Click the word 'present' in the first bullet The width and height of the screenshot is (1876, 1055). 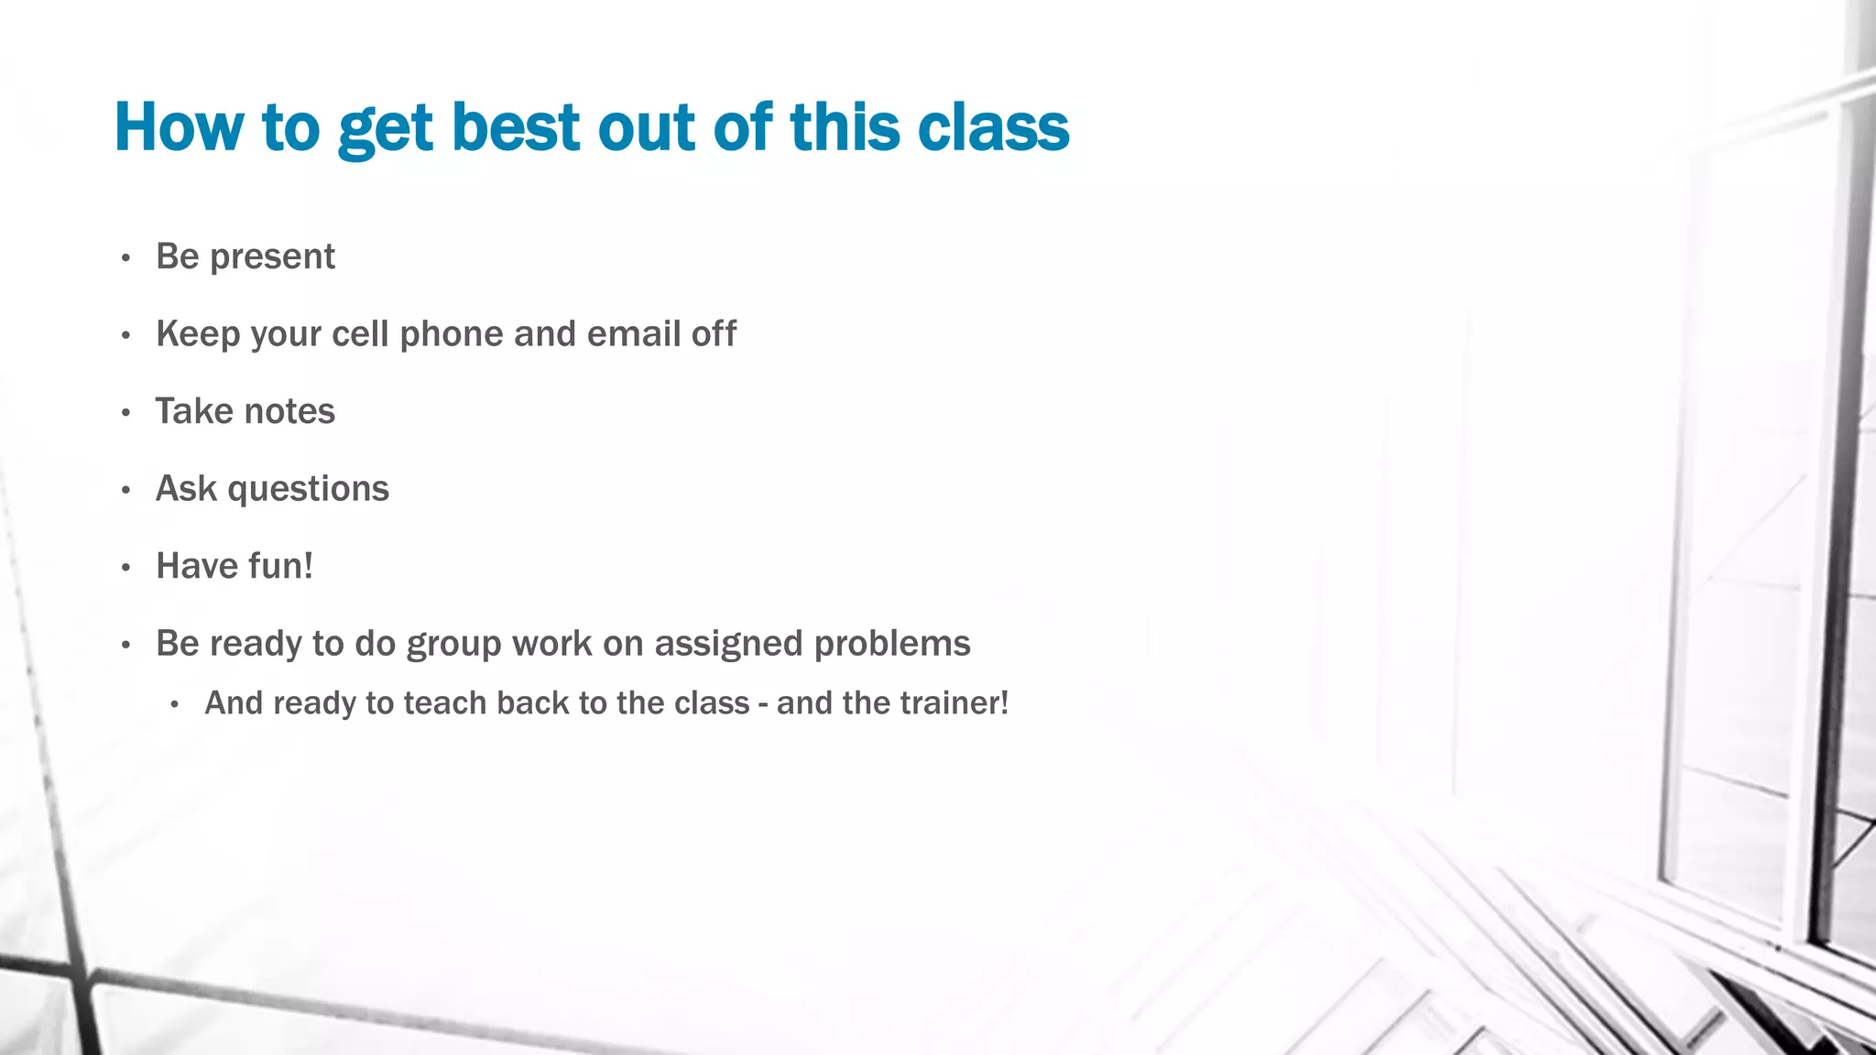(272, 257)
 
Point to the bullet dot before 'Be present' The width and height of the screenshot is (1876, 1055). (126, 258)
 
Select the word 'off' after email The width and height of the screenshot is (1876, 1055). (714, 334)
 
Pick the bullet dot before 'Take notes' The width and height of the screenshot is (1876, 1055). (126, 413)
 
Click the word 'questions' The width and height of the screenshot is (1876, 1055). (308, 489)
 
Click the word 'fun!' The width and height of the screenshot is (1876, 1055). (280, 566)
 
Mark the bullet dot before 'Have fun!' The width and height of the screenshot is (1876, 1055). (126, 568)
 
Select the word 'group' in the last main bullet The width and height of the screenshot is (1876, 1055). (453, 645)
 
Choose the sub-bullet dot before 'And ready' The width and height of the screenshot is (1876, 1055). (174, 704)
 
